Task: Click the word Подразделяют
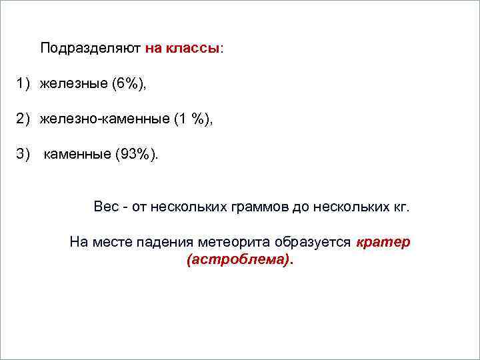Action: click(x=90, y=49)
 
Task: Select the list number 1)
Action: click(x=25, y=84)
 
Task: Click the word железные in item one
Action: click(x=74, y=84)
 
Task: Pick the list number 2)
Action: click(x=25, y=119)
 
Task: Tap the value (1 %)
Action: click(x=193, y=119)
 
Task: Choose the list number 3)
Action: click(x=25, y=155)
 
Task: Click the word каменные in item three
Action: click(x=77, y=155)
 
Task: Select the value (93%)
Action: click(x=137, y=155)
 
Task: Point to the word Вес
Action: click(x=106, y=207)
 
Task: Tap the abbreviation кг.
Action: click(x=401, y=207)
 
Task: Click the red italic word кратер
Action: click(x=383, y=242)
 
